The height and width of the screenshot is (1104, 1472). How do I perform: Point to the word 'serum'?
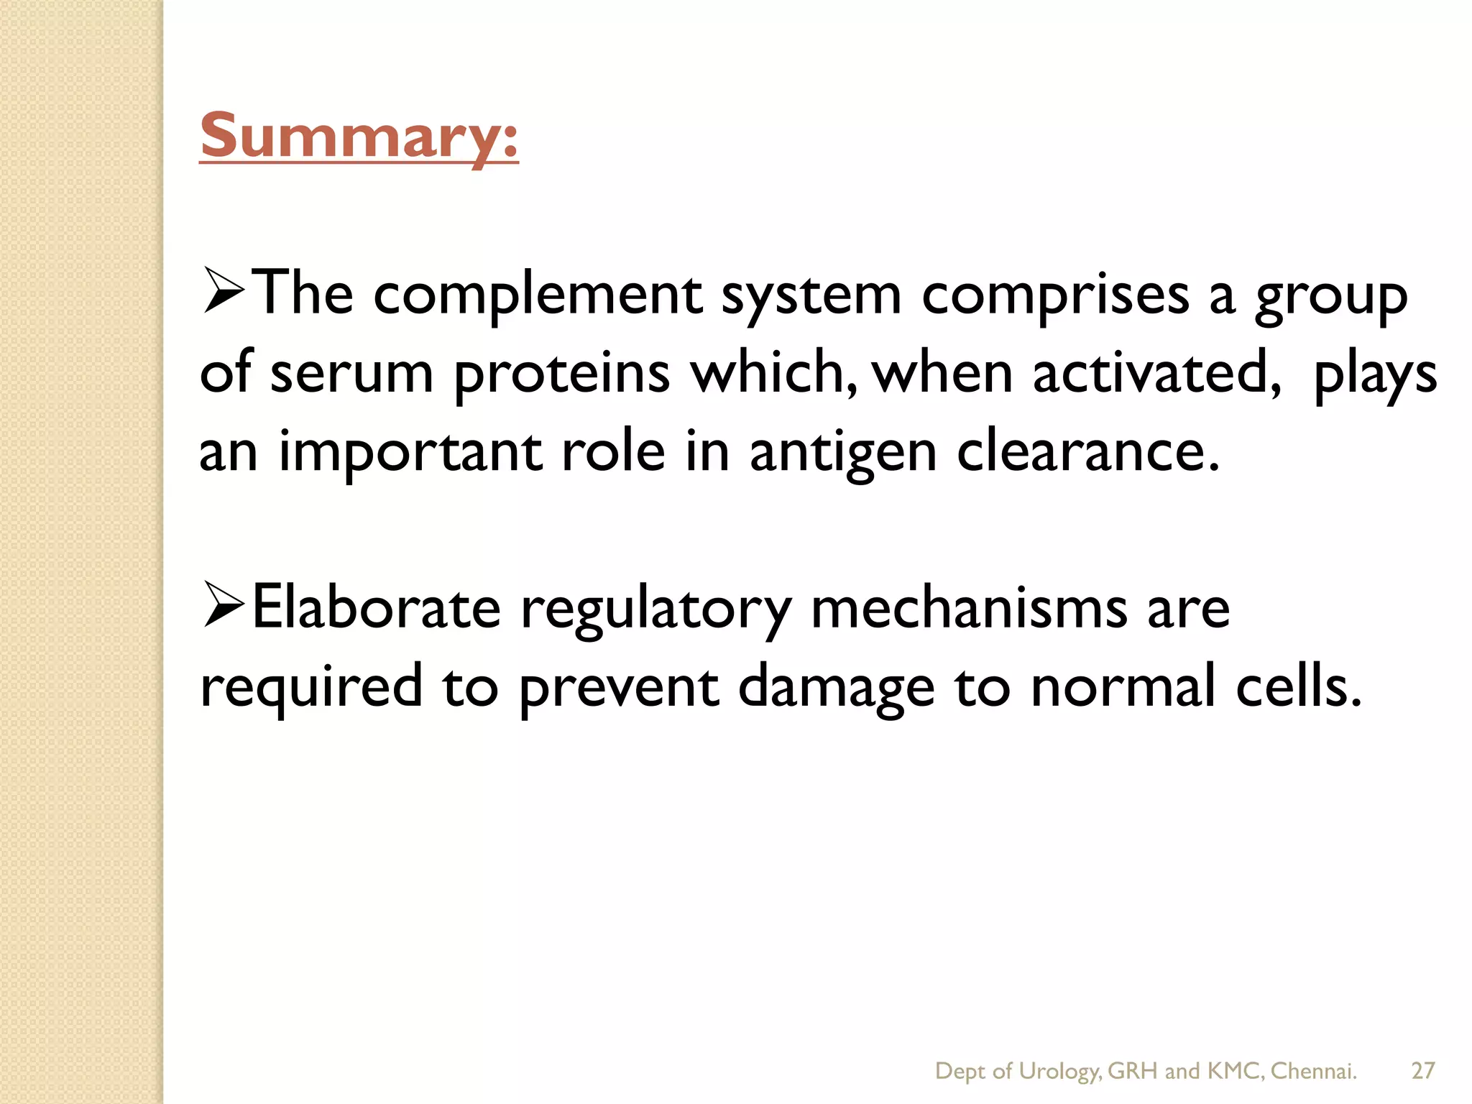pos(351,374)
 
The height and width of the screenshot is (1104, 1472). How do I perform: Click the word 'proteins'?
pos(562,374)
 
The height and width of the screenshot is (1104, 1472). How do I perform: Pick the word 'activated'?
pos(1156,374)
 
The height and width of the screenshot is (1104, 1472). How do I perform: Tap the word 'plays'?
pos(1374,375)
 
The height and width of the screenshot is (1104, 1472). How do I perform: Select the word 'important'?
pos(410,453)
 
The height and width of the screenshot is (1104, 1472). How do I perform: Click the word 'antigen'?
pos(843,453)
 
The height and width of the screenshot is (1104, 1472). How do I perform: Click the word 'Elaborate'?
pos(376,608)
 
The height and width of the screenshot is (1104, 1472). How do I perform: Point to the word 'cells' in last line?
pos(1297,686)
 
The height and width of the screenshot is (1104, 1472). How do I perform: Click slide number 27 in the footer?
pos(1422,1071)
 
